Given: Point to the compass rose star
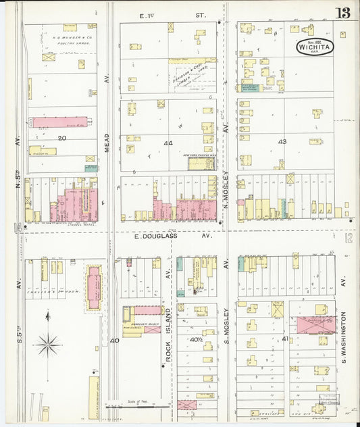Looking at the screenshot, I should pyautogui.click(x=48, y=345).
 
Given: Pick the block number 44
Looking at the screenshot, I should pyautogui.click(x=168, y=143).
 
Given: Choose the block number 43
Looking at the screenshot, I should pyautogui.click(x=282, y=141).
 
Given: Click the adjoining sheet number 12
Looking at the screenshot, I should pyautogui.click(x=348, y=238).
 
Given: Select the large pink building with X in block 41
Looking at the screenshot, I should pyautogui.click(x=316, y=324).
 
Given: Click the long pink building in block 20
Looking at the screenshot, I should pyautogui.click(x=60, y=122).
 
